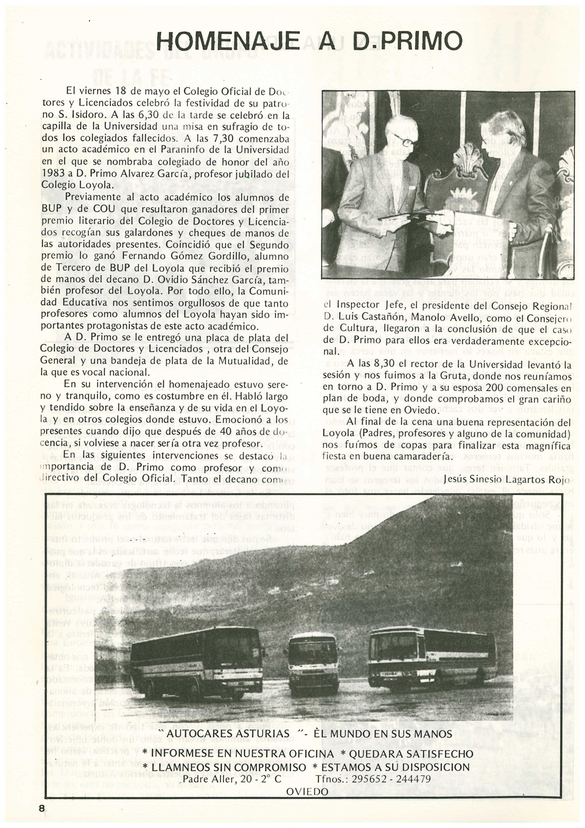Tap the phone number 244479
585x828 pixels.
412,779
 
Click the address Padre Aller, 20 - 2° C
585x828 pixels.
232,779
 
